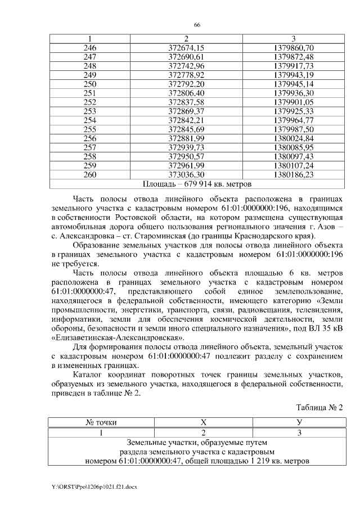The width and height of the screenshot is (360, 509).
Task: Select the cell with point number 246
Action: pos(89,48)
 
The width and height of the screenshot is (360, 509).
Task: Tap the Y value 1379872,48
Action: pos(293,57)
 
